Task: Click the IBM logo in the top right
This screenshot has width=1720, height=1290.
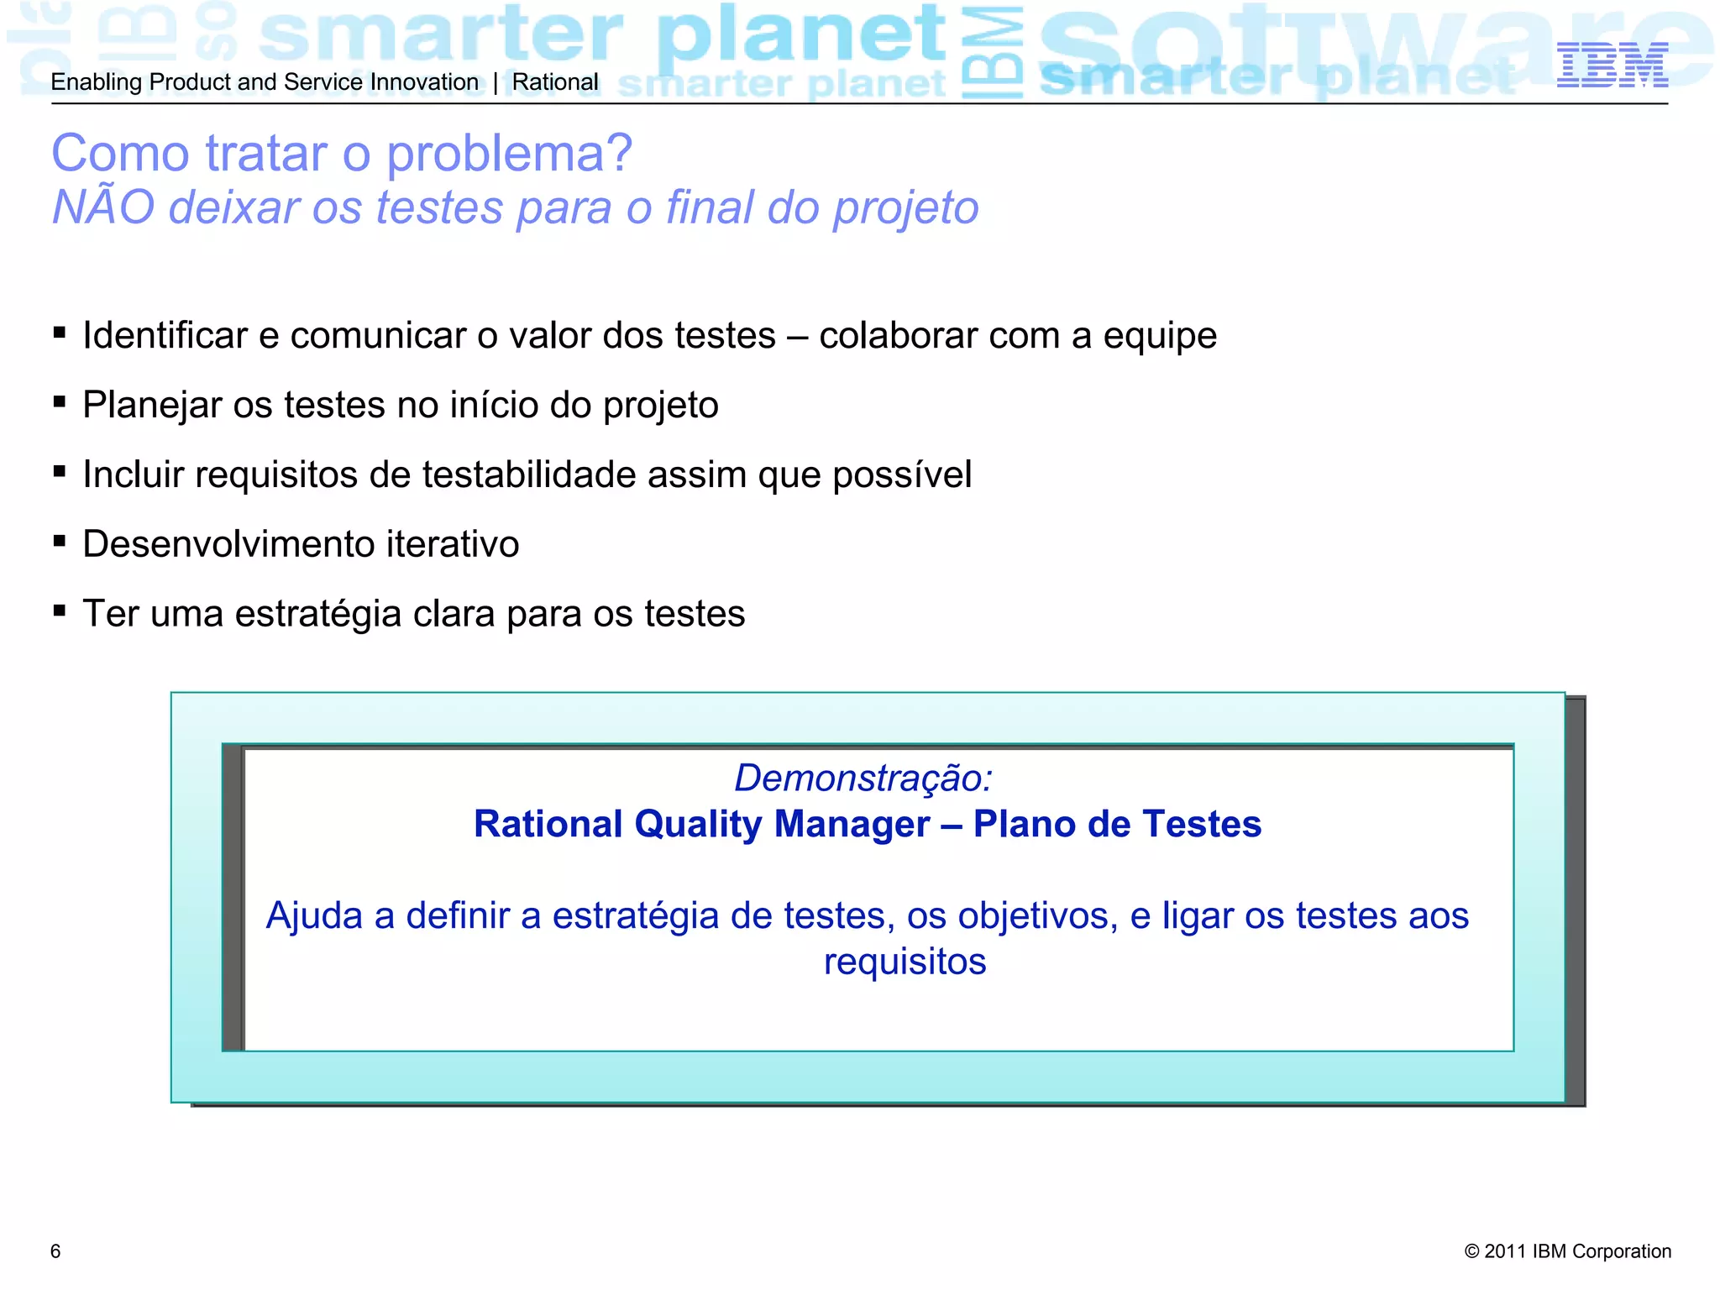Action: tap(1612, 66)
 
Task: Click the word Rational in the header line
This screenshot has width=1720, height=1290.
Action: tap(555, 82)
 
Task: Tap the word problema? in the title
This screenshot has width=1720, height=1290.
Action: tap(509, 154)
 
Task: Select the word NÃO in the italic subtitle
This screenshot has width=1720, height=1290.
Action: tap(103, 207)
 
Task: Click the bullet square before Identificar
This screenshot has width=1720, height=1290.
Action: tap(59, 333)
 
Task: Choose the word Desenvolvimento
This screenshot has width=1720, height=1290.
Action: tap(228, 544)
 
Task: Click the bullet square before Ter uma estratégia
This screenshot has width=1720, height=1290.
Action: tap(59, 611)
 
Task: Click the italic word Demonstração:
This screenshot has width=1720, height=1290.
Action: tap(863, 778)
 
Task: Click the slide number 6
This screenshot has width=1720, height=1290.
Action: tap(55, 1251)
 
